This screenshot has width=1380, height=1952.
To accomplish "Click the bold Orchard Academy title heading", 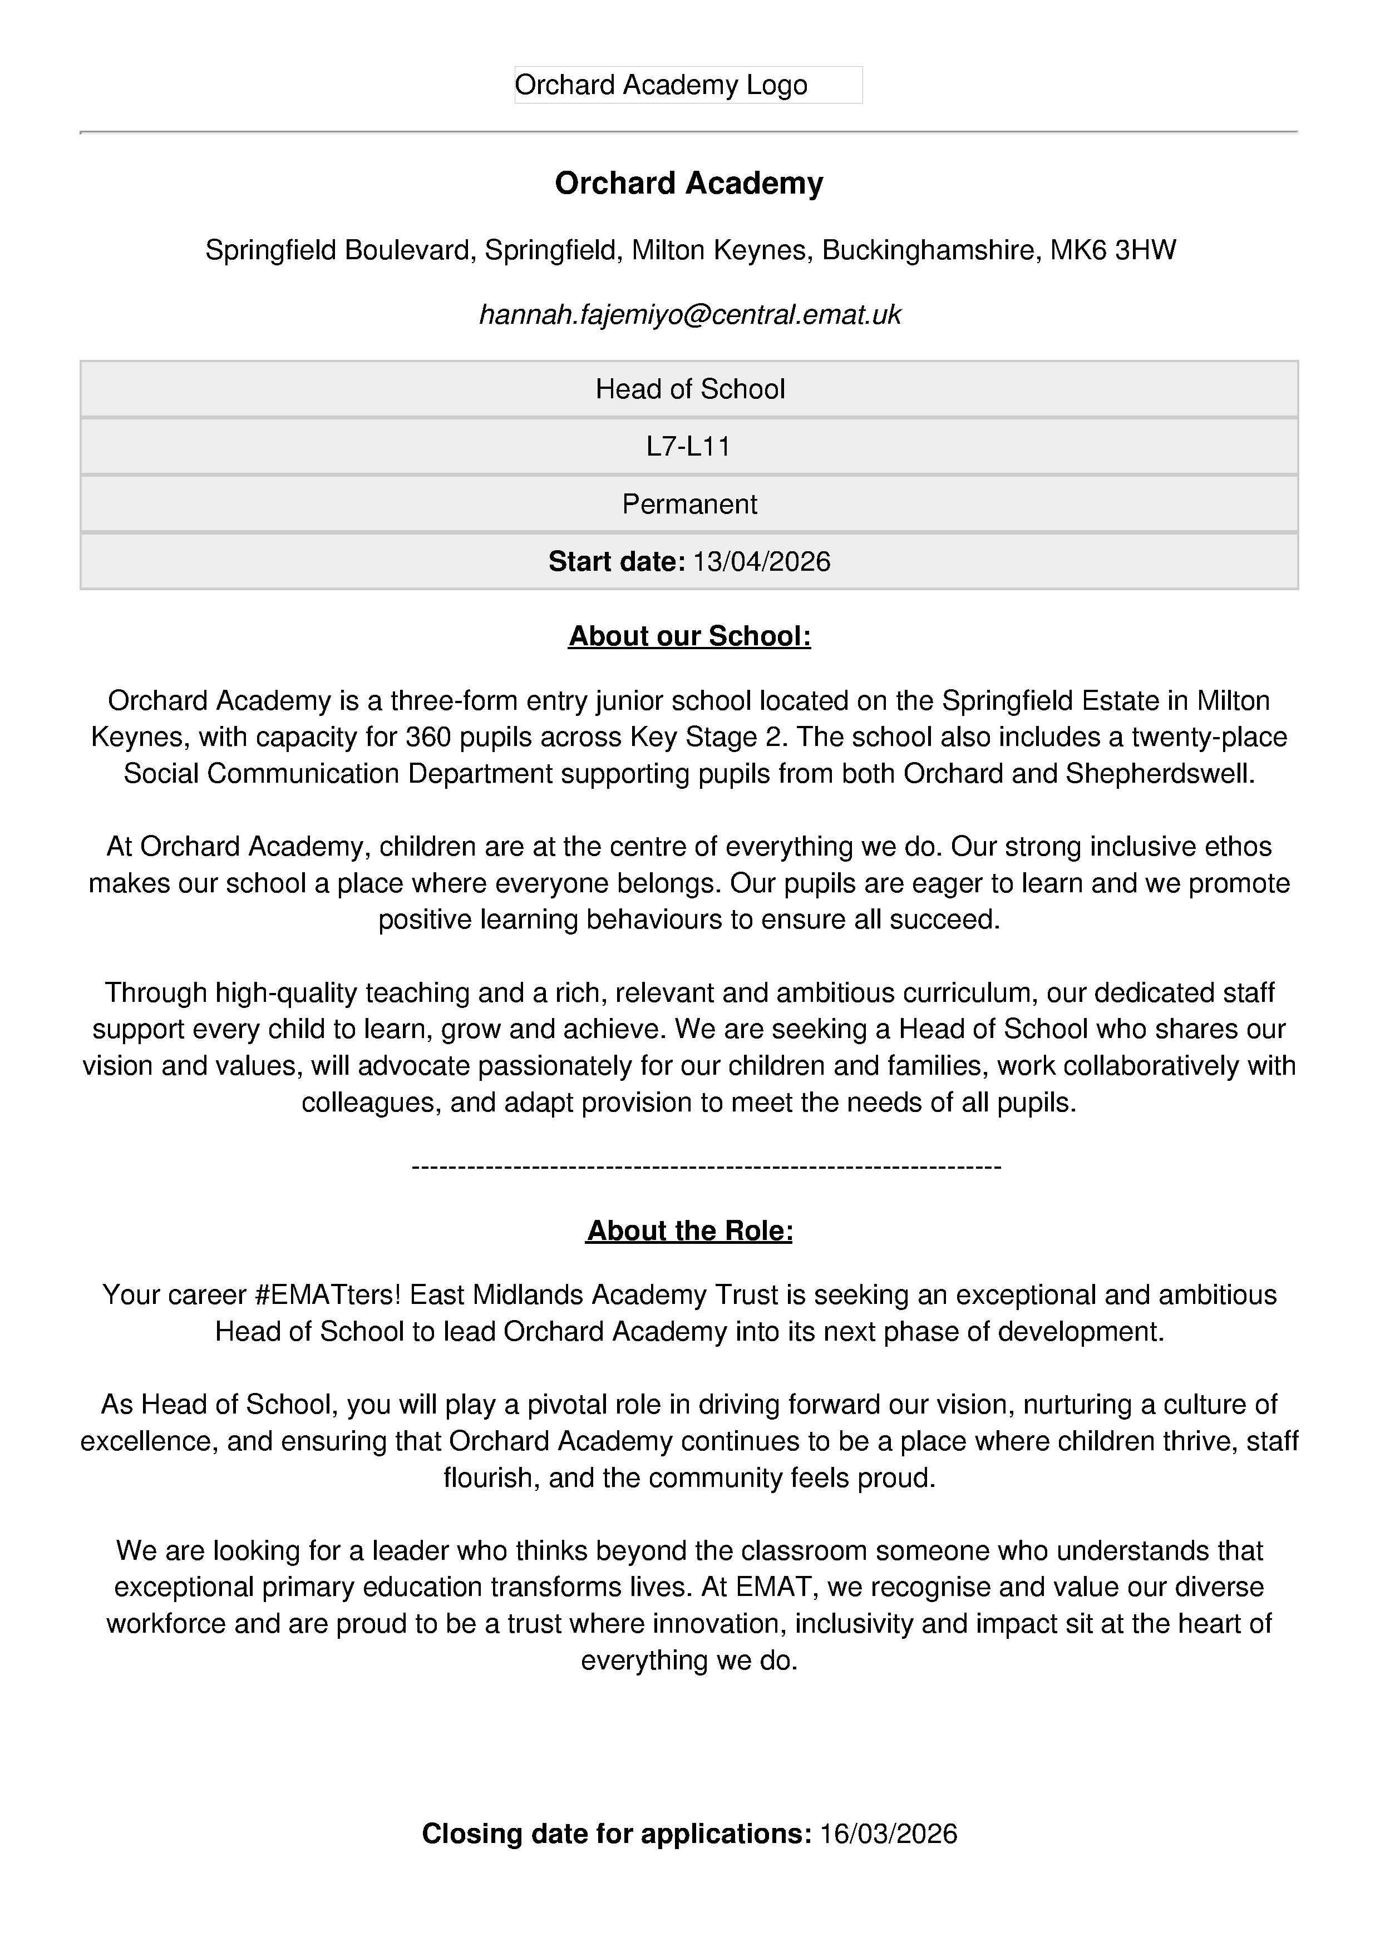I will tap(689, 184).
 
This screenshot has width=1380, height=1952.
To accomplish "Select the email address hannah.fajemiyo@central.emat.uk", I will tap(689, 314).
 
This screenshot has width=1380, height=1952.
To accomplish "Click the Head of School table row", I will tap(689, 389).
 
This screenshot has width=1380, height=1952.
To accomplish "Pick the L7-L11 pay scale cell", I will tap(689, 446).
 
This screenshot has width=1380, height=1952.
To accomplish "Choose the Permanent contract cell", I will tap(689, 504).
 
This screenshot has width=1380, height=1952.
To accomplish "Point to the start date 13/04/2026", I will tap(762, 562).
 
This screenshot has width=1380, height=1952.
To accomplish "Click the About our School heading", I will tap(689, 636).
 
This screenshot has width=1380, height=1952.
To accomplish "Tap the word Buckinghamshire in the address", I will tap(928, 250).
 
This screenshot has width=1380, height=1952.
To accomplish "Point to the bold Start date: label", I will tap(617, 562).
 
